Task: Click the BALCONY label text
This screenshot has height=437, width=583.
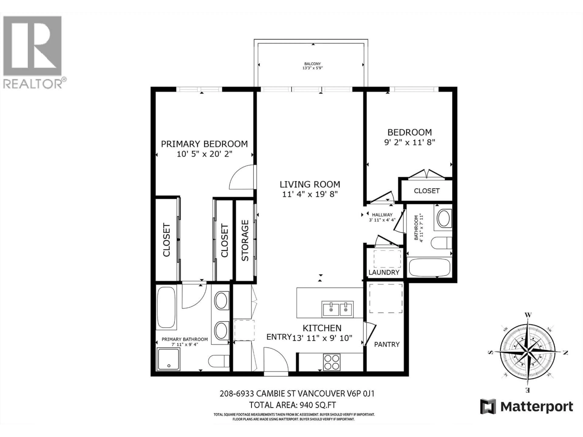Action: click(x=313, y=64)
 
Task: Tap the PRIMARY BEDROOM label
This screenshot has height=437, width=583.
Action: click(x=204, y=144)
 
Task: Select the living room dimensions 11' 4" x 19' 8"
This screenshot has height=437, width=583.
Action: click(x=310, y=194)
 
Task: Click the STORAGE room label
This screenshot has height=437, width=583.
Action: click(x=245, y=241)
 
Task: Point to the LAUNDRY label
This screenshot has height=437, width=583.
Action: click(x=384, y=272)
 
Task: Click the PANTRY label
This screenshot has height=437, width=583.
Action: click(x=387, y=344)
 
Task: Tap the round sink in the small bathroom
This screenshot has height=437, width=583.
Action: click(x=444, y=218)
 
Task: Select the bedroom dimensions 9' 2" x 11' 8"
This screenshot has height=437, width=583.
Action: click(x=409, y=142)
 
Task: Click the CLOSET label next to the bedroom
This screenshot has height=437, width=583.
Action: click(x=426, y=191)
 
